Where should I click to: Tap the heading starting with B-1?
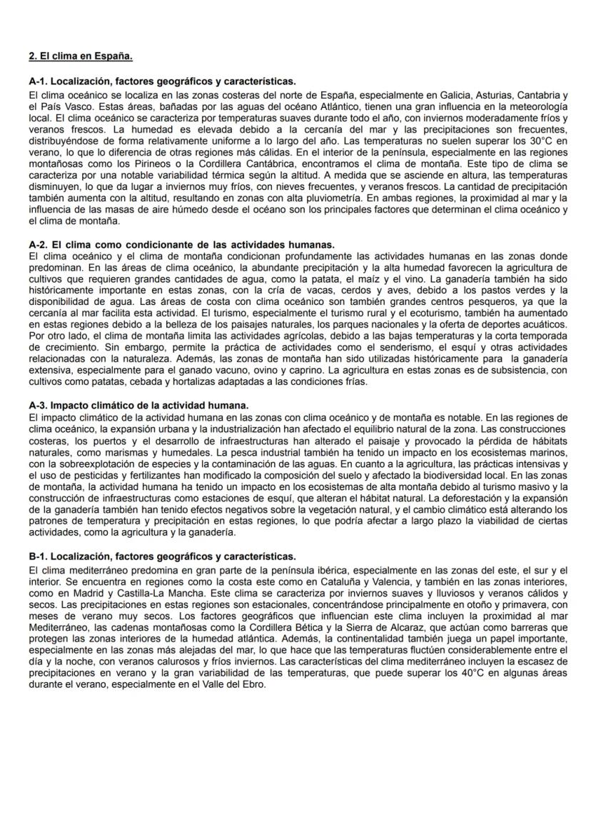tap(162, 556)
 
